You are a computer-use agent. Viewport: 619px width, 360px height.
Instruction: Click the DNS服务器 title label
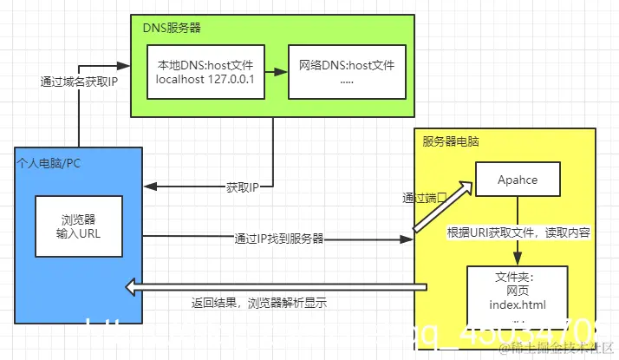pos(172,28)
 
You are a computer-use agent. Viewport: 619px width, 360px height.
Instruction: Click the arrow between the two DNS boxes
pos(274,72)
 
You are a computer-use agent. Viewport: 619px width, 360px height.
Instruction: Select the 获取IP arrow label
pos(244,187)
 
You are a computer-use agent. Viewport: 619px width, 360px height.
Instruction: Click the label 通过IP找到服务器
pos(278,238)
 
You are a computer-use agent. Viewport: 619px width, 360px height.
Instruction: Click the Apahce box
pos(518,180)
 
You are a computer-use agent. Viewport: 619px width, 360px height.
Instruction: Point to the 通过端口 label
pos(426,198)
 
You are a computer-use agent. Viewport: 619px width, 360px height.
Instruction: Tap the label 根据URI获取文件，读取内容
pos(518,232)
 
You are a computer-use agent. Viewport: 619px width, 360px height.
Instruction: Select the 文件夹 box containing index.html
pos(518,296)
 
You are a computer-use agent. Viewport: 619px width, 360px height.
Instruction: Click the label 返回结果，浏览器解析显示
pos(259,304)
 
